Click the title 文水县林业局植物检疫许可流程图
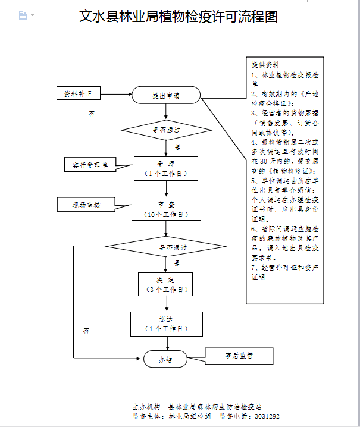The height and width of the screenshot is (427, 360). click(x=179, y=17)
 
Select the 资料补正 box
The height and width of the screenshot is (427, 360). click(x=78, y=94)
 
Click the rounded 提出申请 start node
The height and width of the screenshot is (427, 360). click(x=166, y=95)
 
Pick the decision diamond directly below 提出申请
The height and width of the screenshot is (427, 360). click(x=167, y=130)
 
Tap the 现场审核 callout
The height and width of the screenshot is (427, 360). click(x=86, y=205)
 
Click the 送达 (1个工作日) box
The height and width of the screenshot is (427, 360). click(x=166, y=324)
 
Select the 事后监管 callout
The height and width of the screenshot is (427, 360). click(x=239, y=356)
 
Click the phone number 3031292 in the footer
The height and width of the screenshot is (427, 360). click(x=265, y=416)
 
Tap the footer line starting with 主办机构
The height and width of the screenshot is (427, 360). click(x=196, y=407)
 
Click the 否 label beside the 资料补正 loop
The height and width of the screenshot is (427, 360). click(x=91, y=114)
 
